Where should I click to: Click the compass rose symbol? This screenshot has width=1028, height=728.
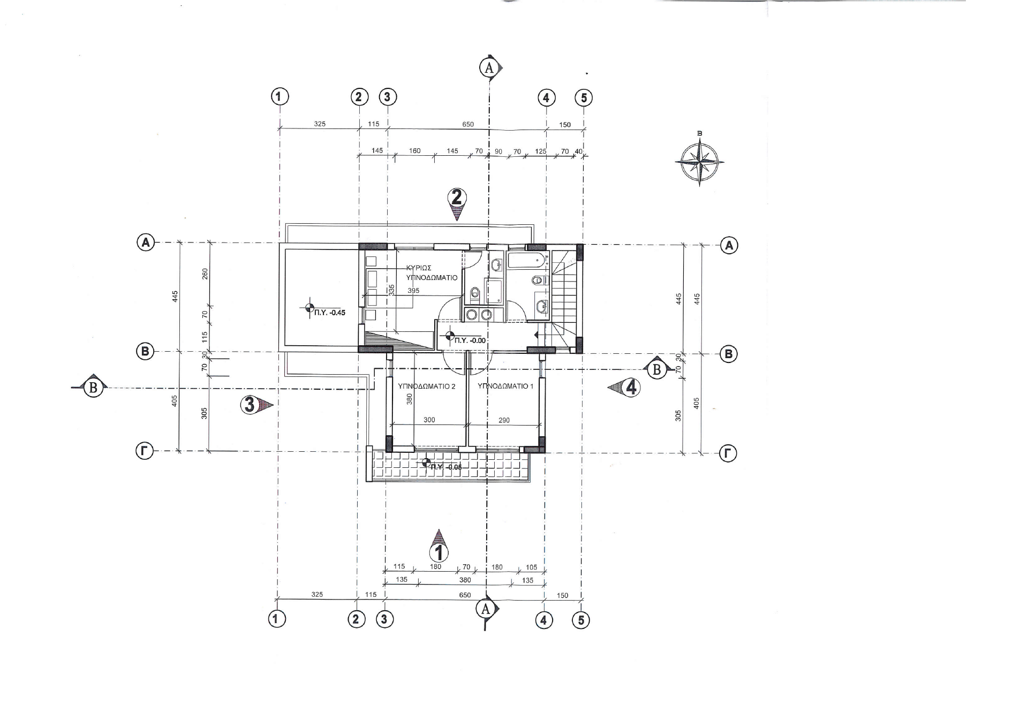[699, 161]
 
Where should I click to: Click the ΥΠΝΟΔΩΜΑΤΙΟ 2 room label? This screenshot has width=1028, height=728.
[427, 386]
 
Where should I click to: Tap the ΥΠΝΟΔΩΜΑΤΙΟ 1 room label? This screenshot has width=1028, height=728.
[505, 386]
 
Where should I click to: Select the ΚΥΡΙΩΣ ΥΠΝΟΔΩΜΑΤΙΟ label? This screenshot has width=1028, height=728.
[432, 273]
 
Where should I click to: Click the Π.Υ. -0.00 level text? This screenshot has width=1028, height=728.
[470, 340]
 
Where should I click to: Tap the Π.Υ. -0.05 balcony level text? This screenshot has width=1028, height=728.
[446, 467]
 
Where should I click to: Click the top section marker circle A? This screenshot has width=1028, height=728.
[488, 68]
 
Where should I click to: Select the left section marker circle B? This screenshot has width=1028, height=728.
[93, 388]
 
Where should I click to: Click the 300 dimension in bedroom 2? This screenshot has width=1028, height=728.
[429, 420]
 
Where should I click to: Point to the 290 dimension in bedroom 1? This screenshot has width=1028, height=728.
[504, 420]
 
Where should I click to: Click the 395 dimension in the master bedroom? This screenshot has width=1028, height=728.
[413, 291]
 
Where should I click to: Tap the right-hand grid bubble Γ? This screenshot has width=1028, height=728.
[728, 454]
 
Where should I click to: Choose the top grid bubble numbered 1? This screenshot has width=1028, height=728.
[280, 97]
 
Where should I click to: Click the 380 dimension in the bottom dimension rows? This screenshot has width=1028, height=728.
[465, 580]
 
